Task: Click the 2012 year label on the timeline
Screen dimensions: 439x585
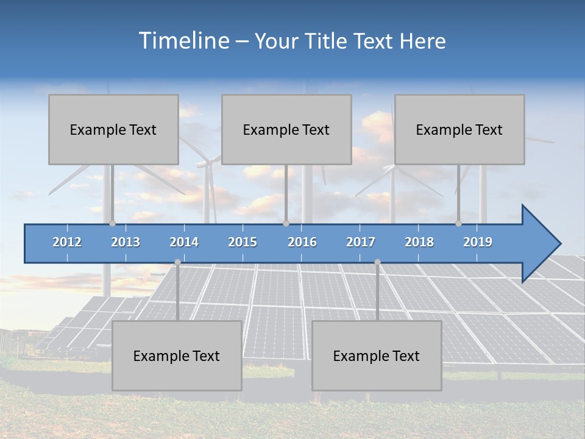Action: coord(67,242)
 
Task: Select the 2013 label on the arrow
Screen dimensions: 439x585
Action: coord(126,242)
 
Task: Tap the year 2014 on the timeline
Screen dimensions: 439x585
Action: coord(184,242)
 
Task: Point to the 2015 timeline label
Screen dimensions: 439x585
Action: coord(243,242)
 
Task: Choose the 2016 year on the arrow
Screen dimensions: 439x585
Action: coord(302,242)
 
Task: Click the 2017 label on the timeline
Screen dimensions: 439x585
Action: coord(361,242)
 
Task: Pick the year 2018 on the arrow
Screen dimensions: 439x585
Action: coord(419,242)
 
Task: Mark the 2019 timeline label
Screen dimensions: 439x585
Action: coord(478,242)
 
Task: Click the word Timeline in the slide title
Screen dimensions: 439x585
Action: coord(183,41)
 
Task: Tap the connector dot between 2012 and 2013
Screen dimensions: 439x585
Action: coord(112,224)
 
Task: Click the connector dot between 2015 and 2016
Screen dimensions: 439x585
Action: coord(286,224)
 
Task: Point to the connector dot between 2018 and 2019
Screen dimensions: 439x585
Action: coord(458,224)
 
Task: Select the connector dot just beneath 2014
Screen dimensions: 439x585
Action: coord(177,262)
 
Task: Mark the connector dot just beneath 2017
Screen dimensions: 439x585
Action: coord(377,262)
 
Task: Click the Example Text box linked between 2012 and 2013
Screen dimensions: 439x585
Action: coord(113,129)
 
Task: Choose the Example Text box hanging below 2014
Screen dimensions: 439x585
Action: coord(177,355)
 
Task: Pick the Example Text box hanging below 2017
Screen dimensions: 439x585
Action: coord(377,355)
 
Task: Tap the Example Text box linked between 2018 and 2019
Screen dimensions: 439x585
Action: coord(459,129)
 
